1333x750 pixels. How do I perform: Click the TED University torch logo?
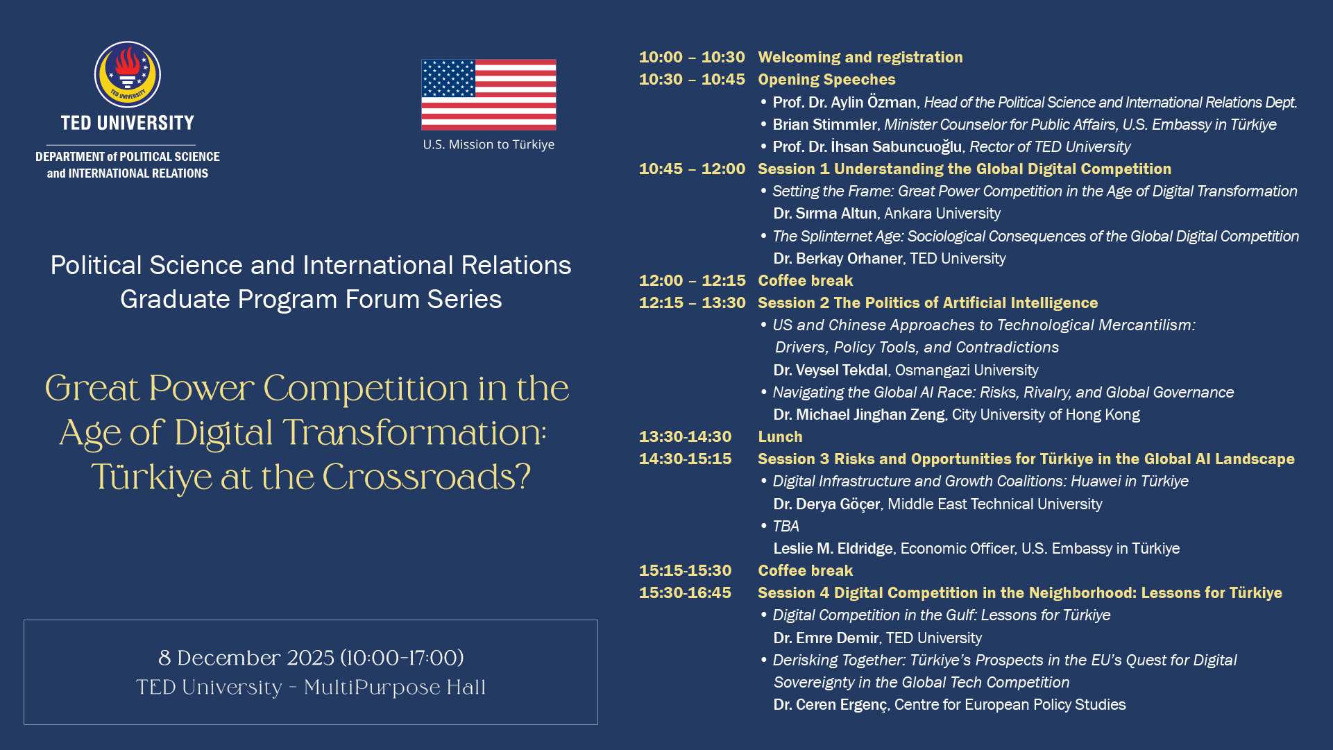pyautogui.click(x=128, y=74)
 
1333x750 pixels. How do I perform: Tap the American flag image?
pyautogui.click(x=489, y=94)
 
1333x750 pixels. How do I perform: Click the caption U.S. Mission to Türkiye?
pyautogui.click(x=489, y=144)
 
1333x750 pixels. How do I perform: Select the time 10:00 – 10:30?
pyautogui.click(x=692, y=57)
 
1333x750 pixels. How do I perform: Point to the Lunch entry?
pyautogui.click(x=780, y=436)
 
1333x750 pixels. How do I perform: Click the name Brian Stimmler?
pyautogui.click(x=824, y=124)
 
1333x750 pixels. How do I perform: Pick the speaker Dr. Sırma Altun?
pyautogui.click(x=825, y=214)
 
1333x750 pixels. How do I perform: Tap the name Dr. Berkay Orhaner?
pyautogui.click(x=838, y=258)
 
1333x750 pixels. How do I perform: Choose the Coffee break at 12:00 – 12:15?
pyautogui.click(x=805, y=280)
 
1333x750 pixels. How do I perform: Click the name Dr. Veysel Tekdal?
pyautogui.click(x=831, y=370)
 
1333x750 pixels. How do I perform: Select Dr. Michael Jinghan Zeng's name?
pyautogui.click(x=859, y=414)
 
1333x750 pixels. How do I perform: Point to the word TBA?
pyautogui.click(x=786, y=526)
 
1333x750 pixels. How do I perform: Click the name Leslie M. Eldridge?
pyautogui.click(x=833, y=548)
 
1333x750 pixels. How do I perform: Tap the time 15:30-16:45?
pyautogui.click(x=685, y=593)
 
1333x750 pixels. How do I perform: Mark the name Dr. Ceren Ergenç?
pyautogui.click(x=831, y=705)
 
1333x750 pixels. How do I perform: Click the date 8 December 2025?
pyautogui.click(x=246, y=657)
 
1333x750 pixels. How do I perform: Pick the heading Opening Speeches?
pyautogui.click(x=826, y=79)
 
